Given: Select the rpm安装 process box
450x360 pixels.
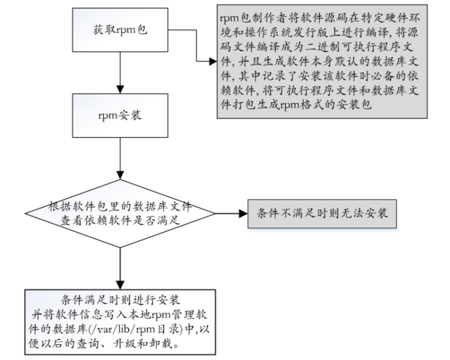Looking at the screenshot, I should pyautogui.click(x=120, y=116).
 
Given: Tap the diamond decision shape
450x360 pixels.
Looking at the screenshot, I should pyautogui.click(x=121, y=213).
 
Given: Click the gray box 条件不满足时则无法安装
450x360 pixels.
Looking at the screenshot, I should pyautogui.click(x=322, y=213).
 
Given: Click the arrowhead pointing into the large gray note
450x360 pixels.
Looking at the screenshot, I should pyautogui.click(x=211, y=62).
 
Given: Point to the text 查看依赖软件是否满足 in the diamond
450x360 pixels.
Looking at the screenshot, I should pyautogui.click(x=120, y=221).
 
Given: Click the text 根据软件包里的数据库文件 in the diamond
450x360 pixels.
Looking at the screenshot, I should pyautogui.click(x=120, y=207).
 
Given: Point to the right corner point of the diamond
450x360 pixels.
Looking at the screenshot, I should pyautogui.click(x=215, y=213).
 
